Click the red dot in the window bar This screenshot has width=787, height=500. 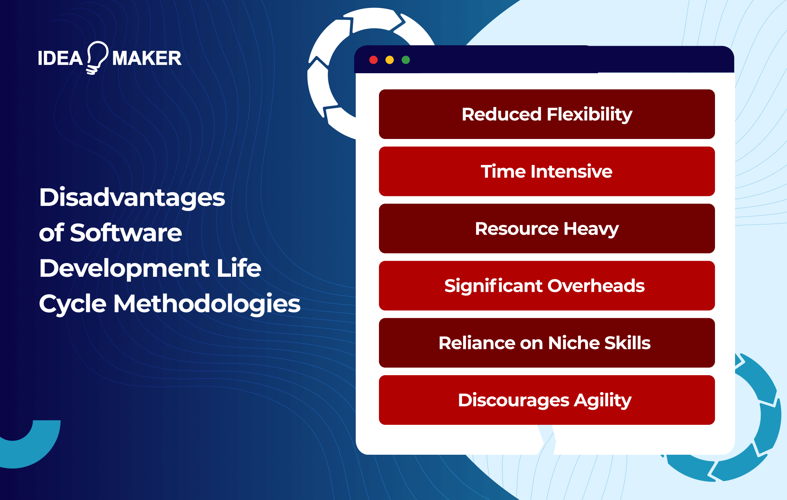[x=373, y=60]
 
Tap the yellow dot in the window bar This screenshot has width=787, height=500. [x=390, y=60]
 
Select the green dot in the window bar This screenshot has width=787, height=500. [x=406, y=60]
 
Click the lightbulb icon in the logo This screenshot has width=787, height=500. [x=97, y=57]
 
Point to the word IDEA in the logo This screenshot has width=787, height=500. [x=60, y=59]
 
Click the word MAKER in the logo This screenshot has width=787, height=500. [x=147, y=59]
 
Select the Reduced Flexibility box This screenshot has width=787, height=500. [x=547, y=114]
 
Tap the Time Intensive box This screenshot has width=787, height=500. [x=547, y=171]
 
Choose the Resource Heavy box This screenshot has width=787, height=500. [x=547, y=228]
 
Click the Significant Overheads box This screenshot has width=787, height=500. [x=547, y=285]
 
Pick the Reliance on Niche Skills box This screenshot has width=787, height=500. [x=547, y=343]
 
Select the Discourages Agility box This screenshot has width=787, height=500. [x=547, y=400]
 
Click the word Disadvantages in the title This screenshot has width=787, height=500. [x=132, y=198]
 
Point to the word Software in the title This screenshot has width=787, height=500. [x=126, y=233]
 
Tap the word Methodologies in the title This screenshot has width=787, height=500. [x=207, y=304]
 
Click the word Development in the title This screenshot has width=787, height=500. [x=124, y=269]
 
